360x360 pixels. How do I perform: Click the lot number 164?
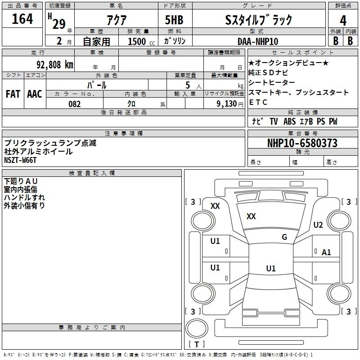point(22,19)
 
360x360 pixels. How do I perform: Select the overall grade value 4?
point(343,21)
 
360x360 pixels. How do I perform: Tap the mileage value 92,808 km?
point(55,65)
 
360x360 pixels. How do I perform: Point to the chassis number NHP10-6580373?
point(302,143)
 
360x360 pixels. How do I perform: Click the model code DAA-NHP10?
point(258,41)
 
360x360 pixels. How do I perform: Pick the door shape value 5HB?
point(174,20)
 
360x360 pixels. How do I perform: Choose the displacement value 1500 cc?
point(141,41)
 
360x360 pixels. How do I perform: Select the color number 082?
point(75,104)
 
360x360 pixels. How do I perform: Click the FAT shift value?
point(13,94)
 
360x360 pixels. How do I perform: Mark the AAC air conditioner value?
point(35,94)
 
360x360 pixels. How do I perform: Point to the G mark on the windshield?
point(284,237)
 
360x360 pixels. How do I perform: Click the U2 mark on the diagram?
point(318,225)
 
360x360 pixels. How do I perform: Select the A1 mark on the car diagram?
point(326,252)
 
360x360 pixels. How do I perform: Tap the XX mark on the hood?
point(251,216)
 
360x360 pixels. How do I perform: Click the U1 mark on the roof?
point(271,268)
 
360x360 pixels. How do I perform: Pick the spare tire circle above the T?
point(197,328)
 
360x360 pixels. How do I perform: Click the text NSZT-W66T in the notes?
point(20,160)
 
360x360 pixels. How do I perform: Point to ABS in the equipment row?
point(289,121)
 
